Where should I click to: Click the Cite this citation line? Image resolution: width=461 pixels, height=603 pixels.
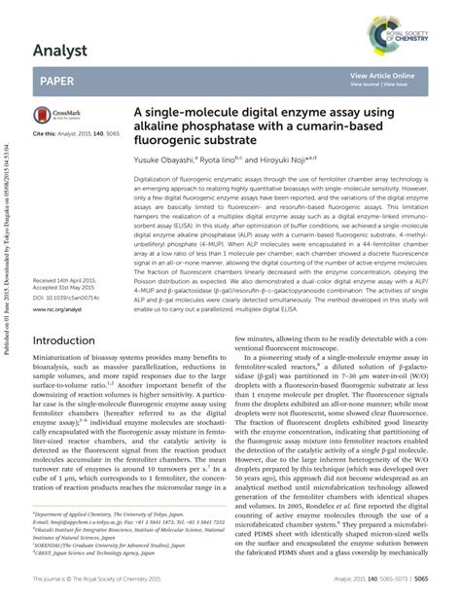pos(79,131)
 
